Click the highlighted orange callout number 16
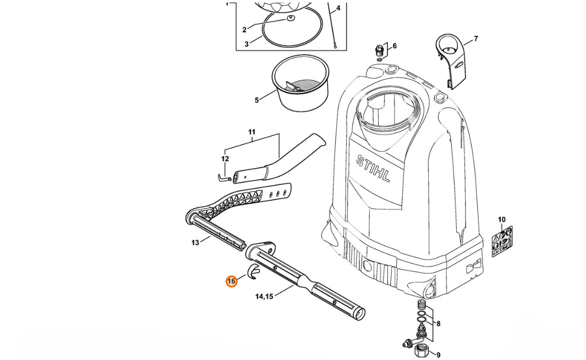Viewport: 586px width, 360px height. pos(231,281)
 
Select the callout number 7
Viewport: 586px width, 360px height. pos(476,38)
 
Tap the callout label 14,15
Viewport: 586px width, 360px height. pos(264,297)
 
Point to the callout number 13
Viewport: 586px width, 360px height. pos(195,243)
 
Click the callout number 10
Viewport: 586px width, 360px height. pos(502,220)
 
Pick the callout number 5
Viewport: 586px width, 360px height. pos(257,100)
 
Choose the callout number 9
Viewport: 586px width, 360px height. pos(438,355)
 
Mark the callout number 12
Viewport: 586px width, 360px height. pos(225,159)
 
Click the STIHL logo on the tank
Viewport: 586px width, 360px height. pos(373,169)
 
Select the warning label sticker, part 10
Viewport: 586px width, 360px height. pos(502,241)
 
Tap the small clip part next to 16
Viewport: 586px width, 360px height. pos(254,271)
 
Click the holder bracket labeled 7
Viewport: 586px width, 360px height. pos(451,61)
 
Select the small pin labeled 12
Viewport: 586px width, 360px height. pos(224,178)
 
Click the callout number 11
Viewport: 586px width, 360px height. pos(252,132)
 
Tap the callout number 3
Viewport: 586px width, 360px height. pos(246,44)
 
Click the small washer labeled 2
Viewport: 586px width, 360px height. pos(291,18)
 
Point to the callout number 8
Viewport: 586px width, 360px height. pos(438,324)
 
